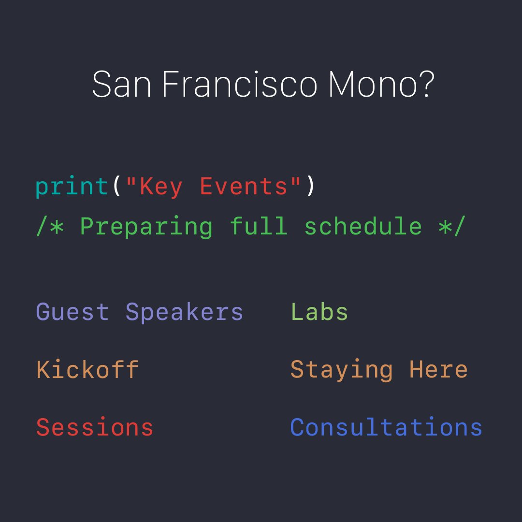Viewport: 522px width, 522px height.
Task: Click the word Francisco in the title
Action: pyautogui.click(x=239, y=85)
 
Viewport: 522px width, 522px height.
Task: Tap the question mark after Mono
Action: pyautogui.click(x=425, y=85)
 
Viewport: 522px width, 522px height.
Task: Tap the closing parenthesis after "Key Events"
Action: pyautogui.click(x=310, y=187)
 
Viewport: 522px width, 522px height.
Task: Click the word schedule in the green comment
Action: pyautogui.click(x=362, y=226)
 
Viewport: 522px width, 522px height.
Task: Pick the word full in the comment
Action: pyautogui.click(x=258, y=226)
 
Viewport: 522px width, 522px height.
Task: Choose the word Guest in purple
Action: pyautogui.click(x=72, y=312)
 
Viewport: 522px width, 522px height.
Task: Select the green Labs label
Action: pyautogui.click(x=319, y=312)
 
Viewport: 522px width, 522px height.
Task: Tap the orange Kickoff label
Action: pyautogui.click(x=87, y=370)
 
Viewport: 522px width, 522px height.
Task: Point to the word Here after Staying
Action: pyautogui.click(x=438, y=370)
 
